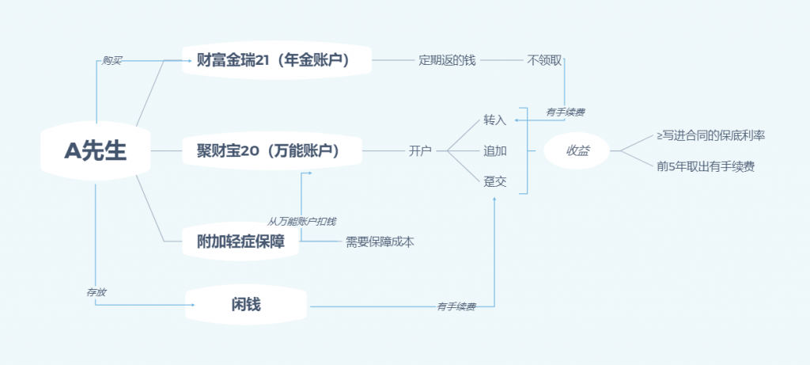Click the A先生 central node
tap(95, 150)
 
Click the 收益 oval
tap(577, 150)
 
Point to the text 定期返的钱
tap(447, 60)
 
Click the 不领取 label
tap(545, 60)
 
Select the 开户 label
tap(420, 150)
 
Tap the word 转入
tap(494, 120)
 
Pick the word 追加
tap(494, 150)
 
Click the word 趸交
tap(494, 181)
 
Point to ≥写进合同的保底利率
tap(710, 135)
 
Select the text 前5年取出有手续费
tap(706, 166)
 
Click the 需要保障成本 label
tap(380, 241)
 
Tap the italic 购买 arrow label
tap(112, 60)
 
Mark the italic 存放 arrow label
tap(97, 292)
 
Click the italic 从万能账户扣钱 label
tap(307, 221)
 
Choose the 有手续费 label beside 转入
tap(565, 112)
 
